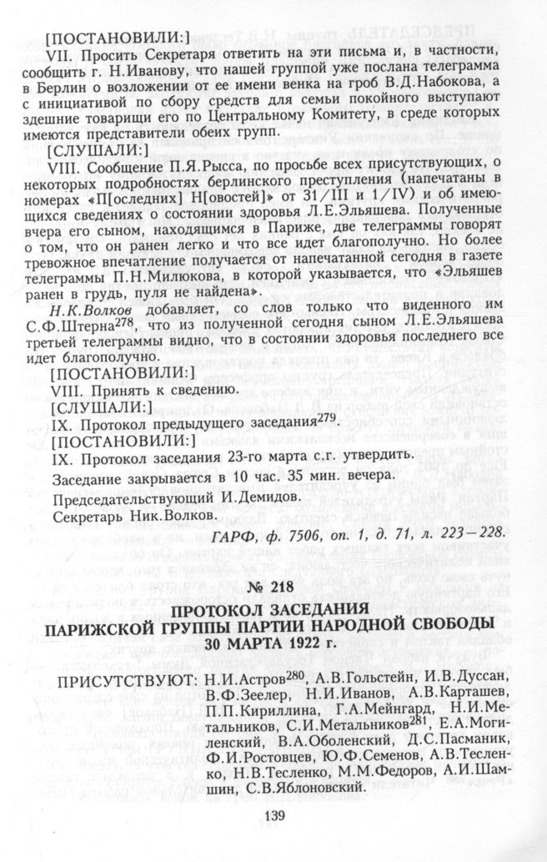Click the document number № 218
click(x=273, y=587)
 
